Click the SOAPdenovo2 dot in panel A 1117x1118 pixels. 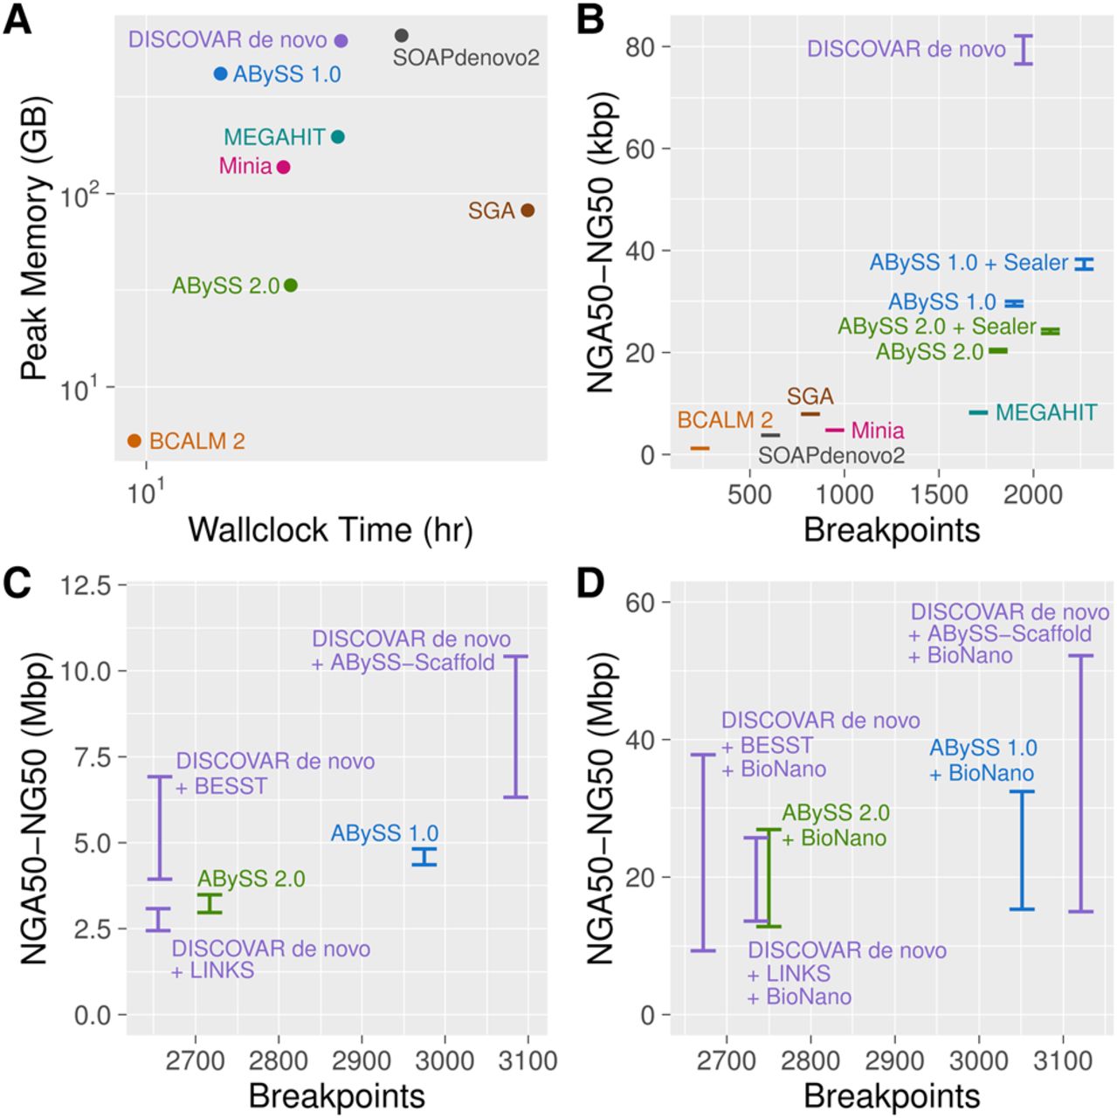click(401, 36)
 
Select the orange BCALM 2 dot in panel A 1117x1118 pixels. click(134, 441)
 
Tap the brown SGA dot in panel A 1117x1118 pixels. click(527, 210)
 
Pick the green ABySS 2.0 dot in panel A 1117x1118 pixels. click(291, 286)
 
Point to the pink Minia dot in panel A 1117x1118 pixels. click(283, 167)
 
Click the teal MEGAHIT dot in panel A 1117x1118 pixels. click(338, 137)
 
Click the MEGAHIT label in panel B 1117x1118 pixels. click(1045, 412)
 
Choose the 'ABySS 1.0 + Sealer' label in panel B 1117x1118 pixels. click(969, 263)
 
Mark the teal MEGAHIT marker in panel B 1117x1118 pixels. click(978, 412)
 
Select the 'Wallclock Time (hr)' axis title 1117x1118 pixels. click(330, 529)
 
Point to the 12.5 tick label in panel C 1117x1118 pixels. click(86, 586)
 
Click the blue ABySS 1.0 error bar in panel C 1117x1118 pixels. click(424, 857)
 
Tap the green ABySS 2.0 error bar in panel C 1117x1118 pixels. click(210, 904)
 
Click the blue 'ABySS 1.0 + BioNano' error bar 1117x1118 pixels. click(1022, 850)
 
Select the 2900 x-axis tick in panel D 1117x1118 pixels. click(894, 1060)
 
